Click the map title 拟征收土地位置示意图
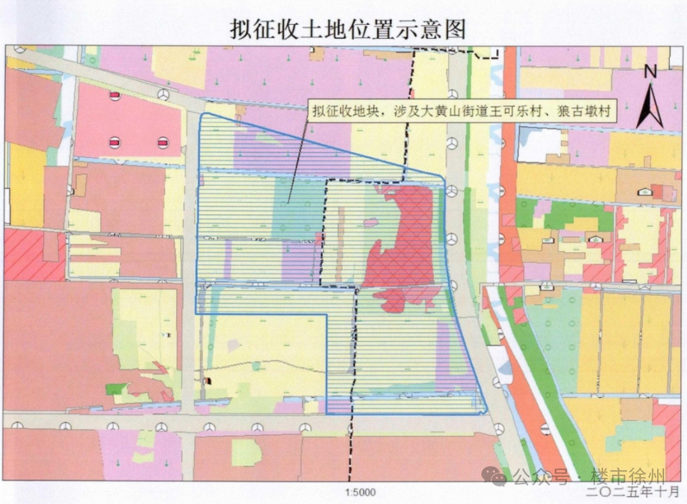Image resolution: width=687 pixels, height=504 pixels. point(348,29)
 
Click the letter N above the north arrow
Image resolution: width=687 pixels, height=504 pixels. point(650,72)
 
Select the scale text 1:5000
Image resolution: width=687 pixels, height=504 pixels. point(361,492)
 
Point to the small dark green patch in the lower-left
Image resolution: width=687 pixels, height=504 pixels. point(114,388)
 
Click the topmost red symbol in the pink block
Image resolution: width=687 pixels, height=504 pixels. point(114,95)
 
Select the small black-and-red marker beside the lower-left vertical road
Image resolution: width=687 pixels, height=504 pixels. point(207,381)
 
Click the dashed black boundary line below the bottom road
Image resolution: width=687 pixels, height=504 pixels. point(349,458)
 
